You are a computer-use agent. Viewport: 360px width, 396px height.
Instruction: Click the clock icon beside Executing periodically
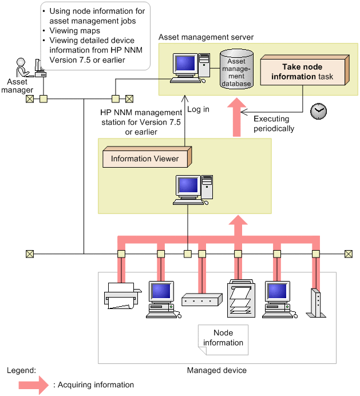pyautogui.click(x=318, y=111)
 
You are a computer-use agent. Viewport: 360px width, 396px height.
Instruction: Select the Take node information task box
pyautogui.click(x=304, y=72)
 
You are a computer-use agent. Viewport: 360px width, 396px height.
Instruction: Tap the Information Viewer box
pyautogui.click(x=147, y=158)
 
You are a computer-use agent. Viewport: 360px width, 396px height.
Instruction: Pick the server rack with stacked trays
pyautogui.click(x=239, y=297)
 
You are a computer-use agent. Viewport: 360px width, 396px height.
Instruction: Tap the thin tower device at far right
pyautogui.click(x=315, y=303)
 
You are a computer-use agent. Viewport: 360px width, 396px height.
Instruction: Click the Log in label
pyautogui.click(x=199, y=109)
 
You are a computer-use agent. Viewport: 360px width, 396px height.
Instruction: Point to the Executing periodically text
pyautogui.click(x=274, y=124)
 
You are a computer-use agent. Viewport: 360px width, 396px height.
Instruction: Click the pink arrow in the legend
pyautogui.click(x=34, y=385)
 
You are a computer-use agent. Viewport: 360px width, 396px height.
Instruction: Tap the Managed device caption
pyautogui.click(x=216, y=370)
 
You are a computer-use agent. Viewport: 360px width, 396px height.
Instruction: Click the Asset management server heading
pyautogui.click(x=205, y=37)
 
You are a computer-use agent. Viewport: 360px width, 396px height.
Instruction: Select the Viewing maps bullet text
pyautogui.click(x=74, y=31)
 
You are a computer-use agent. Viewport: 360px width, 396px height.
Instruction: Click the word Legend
pyautogui.click(x=21, y=370)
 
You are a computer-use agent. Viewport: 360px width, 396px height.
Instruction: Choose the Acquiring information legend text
pyautogui.click(x=93, y=385)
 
